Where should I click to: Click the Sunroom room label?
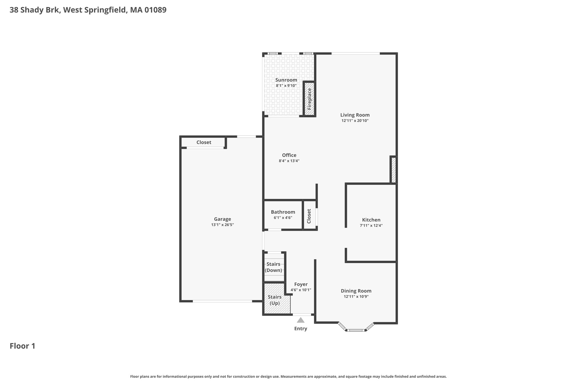tap(286, 80)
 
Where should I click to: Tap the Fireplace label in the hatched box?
tap(309, 99)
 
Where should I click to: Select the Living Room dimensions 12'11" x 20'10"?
tap(355, 121)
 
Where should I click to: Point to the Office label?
tap(289, 155)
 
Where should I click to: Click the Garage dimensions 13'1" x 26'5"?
tap(223, 225)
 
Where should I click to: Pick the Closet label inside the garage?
tap(204, 142)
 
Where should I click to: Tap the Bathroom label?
tap(283, 212)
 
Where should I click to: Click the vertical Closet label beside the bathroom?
tap(309, 216)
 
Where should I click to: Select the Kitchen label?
tap(371, 220)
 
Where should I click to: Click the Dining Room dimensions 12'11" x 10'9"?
tap(356, 297)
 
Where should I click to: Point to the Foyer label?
tap(301, 284)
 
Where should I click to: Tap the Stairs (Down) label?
tap(273, 267)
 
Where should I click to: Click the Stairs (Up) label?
tap(274, 300)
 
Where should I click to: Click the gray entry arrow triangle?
tap(301, 320)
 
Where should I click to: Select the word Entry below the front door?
tap(301, 329)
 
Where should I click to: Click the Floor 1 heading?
tap(23, 346)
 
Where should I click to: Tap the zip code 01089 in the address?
tap(155, 10)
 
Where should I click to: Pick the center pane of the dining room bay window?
tap(356, 330)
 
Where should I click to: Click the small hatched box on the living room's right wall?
tap(394, 170)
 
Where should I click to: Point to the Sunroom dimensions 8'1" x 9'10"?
tap(286, 86)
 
